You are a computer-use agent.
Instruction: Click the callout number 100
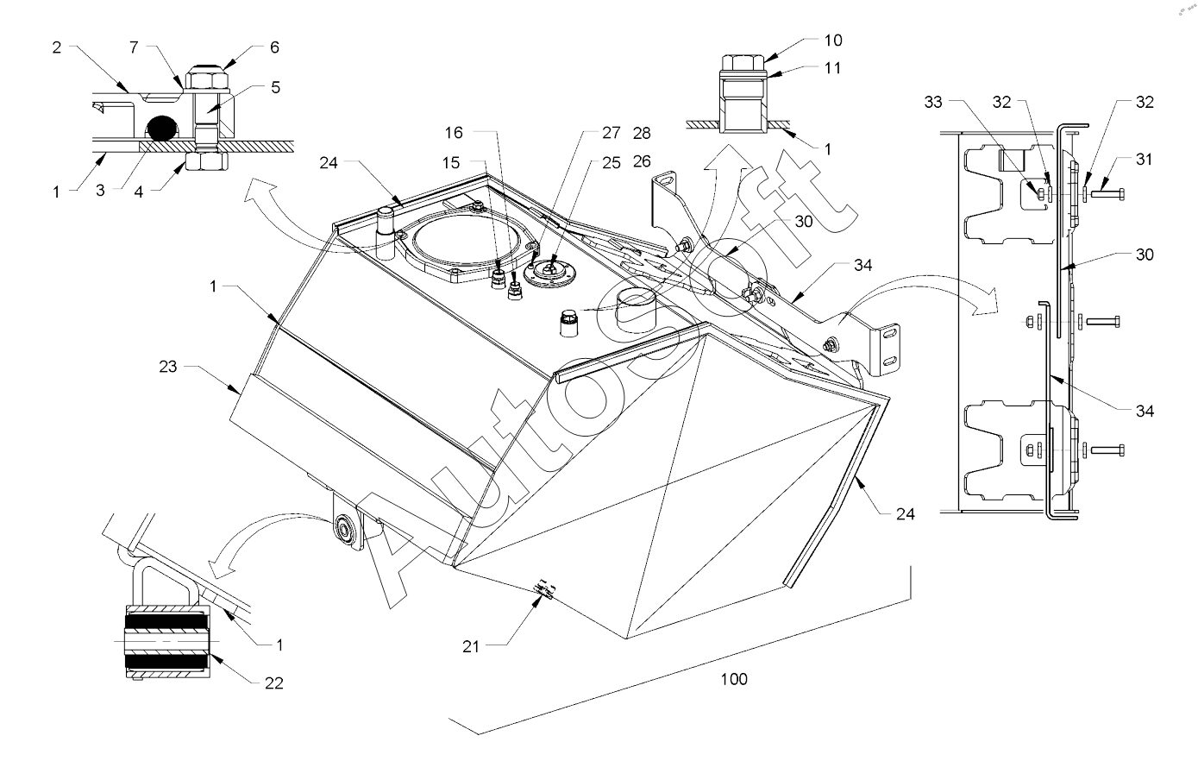click(x=734, y=679)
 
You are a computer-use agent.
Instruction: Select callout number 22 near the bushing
click(x=273, y=683)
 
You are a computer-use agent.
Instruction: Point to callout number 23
click(x=167, y=367)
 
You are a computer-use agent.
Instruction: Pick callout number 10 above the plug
click(x=833, y=41)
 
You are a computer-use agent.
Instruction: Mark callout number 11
click(x=833, y=68)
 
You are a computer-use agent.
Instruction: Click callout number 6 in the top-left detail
click(x=274, y=48)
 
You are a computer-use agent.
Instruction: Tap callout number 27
click(x=611, y=134)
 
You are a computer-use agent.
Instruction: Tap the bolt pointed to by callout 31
click(x=1107, y=193)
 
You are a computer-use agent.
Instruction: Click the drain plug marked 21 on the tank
click(x=543, y=590)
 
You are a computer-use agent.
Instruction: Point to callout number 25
click(x=611, y=161)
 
